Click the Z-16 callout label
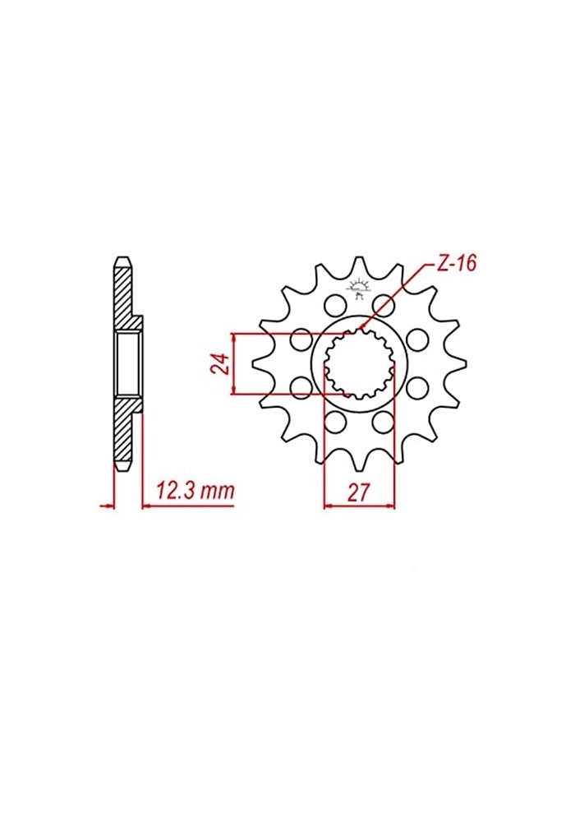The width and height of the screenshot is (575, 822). (x=454, y=264)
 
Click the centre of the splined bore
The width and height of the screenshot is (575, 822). (x=359, y=364)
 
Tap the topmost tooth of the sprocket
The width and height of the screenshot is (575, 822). (x=359, y=265)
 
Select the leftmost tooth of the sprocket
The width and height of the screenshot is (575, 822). (x=256, y=363)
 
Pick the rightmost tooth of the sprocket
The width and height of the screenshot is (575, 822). (x=462, y=363)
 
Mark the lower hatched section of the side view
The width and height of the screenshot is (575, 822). (x=123, y=432)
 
